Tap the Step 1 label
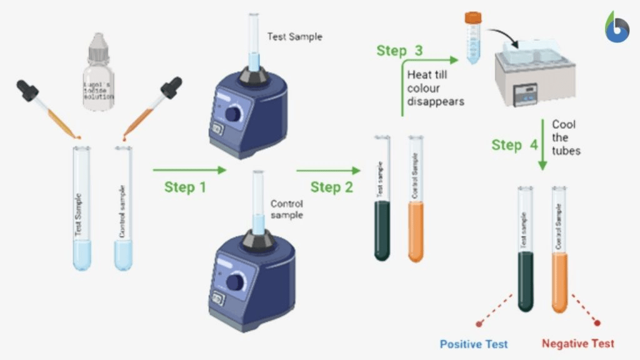pos(185,187)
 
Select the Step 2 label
pos(331,187)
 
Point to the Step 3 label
pos(400,51)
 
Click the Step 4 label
pos(514,145)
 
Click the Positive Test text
pos(474,344)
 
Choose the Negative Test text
pos(577,344)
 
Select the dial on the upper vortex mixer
pos(235,114)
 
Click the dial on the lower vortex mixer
pos(235,282)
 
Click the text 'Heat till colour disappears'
pos(435,87)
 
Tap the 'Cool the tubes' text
pos(566,137)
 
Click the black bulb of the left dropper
pos(27,91)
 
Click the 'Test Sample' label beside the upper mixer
pos(294,37)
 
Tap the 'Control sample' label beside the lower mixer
pos(287,209)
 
